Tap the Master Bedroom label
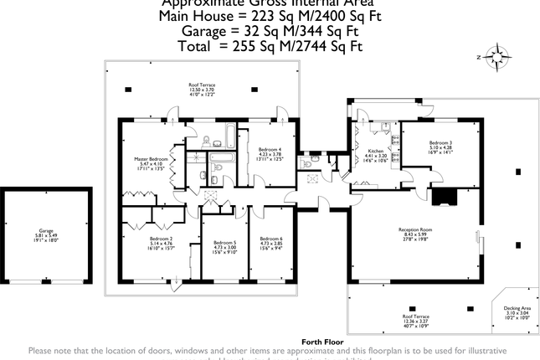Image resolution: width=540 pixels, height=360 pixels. pos(152,158)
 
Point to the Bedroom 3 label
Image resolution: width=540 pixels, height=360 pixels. pos(440,142)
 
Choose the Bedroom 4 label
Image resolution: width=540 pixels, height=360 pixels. pos(269,150)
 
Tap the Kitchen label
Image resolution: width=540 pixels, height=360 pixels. pos(375,151)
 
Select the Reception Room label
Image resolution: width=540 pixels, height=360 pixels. pos(414,229)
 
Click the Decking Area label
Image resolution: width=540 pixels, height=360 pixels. pos(517,309)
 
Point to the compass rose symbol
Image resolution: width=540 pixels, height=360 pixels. pos(499,59)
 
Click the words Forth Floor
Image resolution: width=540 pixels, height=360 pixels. pos(322,342)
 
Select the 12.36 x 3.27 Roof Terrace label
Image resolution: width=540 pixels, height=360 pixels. pos(414,317)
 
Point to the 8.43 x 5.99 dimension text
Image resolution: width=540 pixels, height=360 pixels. pos(414,234)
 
